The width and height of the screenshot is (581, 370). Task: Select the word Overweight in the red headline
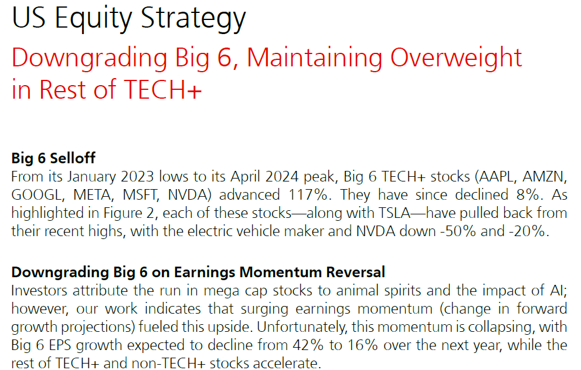coord(456,58)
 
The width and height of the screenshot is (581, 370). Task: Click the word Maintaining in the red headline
coord(314,58)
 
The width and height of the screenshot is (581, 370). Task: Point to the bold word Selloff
coord(73,158)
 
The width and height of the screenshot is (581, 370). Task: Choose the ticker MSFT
coord(141,195)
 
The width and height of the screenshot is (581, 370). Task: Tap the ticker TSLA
coord(394,213)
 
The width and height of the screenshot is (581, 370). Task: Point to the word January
coord(92,177)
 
